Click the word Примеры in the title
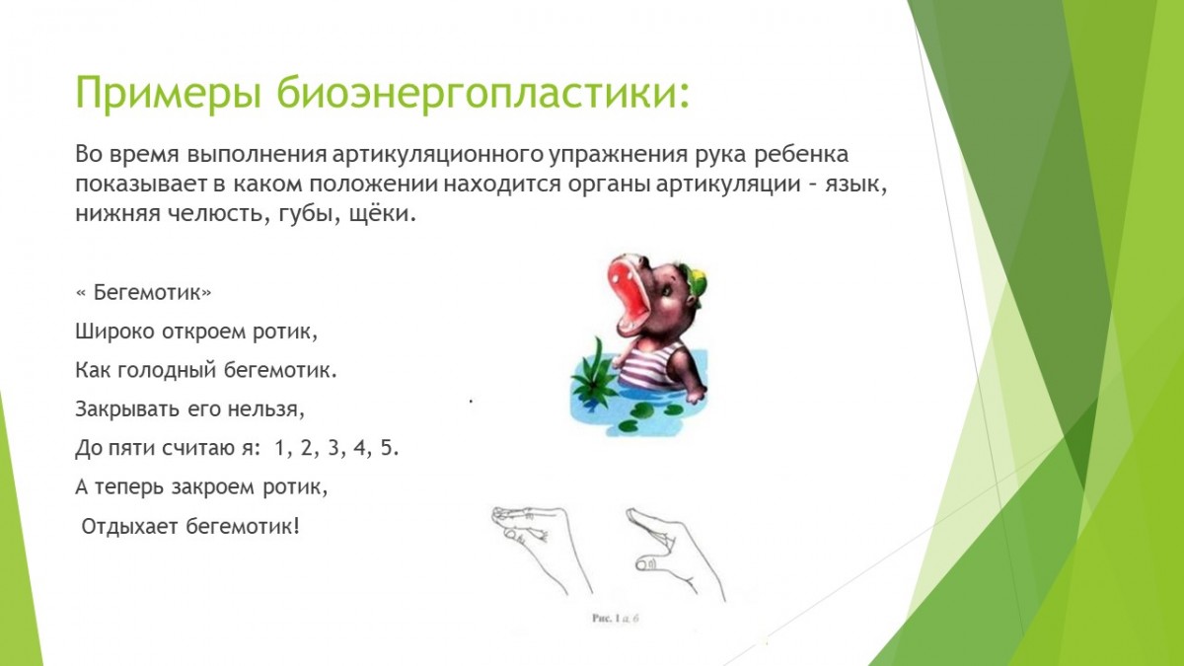point(169,93)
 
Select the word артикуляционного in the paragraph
point(438,155)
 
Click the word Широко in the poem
point(114,332)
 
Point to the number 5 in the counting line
point(388,448)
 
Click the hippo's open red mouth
point(630,297)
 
